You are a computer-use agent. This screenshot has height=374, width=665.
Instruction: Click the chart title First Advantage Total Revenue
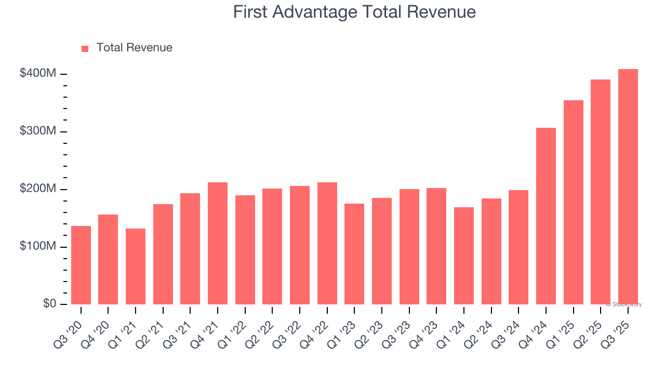click(x=354, y=12)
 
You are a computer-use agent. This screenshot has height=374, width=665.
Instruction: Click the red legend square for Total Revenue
click(x=85, y=48)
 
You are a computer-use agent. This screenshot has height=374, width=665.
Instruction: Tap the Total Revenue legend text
click(x=134, y=48)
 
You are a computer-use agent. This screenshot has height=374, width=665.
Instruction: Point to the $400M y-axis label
click(x=38, y=74)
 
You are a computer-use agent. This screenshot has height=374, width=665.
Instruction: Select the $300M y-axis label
click(x=38, y=131)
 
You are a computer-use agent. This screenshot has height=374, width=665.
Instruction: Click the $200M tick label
click(x=38, y=189)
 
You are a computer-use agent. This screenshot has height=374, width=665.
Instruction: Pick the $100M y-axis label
click(x=38, y=246)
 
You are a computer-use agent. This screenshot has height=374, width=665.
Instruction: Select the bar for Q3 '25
click(x=628, y=187)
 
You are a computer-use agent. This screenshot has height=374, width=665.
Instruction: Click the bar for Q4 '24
click(x=546, y=216)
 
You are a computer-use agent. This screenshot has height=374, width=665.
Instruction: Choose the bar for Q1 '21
click(x=136, y=266)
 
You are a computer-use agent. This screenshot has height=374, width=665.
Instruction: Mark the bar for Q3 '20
click(x=81, y=265)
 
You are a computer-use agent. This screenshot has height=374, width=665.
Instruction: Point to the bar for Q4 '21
click(x=218, y=243)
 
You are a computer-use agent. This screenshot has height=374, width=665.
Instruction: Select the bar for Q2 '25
click(x=601, y=192)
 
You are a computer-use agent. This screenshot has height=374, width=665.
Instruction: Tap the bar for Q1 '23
click(x=354, y=254)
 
